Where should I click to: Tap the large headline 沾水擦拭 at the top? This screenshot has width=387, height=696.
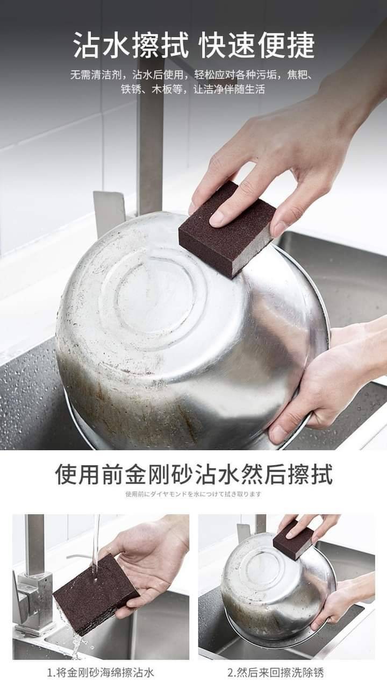(x=131, y=45)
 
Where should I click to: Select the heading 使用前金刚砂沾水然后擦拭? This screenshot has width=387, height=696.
(x=194, y=475)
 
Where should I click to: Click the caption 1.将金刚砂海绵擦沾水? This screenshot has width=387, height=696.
(x=101, y=673)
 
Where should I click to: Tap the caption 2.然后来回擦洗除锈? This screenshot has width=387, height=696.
(x=276, y=673)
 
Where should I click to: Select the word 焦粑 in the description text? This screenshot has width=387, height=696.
(x=297, y=75)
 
